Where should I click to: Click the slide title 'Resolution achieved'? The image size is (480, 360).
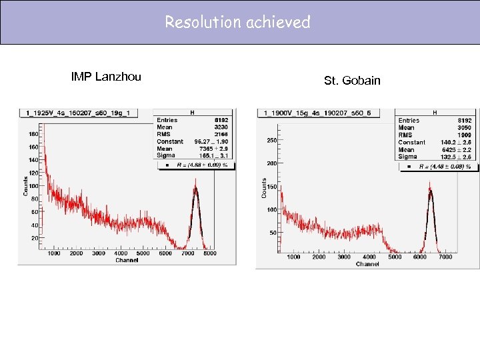pyautogui.click(x=238, y=22)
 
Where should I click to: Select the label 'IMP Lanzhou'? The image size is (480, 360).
pyautogui.click(x=106, y=77)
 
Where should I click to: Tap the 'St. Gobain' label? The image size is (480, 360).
pyautogui.click(x=352, y=81)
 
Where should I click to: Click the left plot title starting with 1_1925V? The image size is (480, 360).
pyautogui.click(x=79, y=113)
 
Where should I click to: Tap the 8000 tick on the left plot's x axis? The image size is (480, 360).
pyautogui.click(x=209, y=253)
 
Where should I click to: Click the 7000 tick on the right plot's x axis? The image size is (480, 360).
pyautogui.click(x=445, y=257)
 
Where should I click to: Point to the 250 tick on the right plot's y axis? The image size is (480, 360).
pyautogui.click(x=272, y=141)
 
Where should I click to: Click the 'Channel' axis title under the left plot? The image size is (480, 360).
pyautogui.click(x=127, y=260)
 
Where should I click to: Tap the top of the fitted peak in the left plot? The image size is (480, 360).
pyautogui.click(x=195, y=189)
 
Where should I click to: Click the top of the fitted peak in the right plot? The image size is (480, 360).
pyautogui.click(x=431, y=191)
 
